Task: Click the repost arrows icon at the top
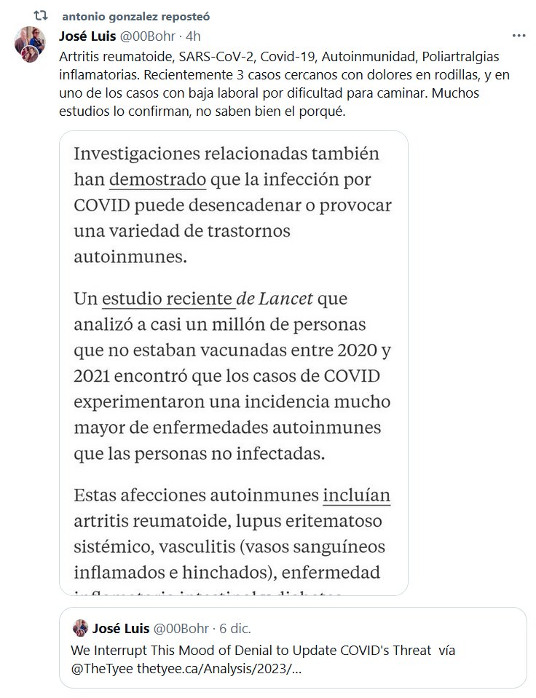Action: point(42,15)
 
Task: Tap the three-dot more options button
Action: point(519,35)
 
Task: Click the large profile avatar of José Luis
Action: point(31,44)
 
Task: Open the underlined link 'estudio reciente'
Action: point(167,299)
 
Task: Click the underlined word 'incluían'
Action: point(356,495)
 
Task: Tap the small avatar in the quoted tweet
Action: point(79,628)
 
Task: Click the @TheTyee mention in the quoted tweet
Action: point(98,667)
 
